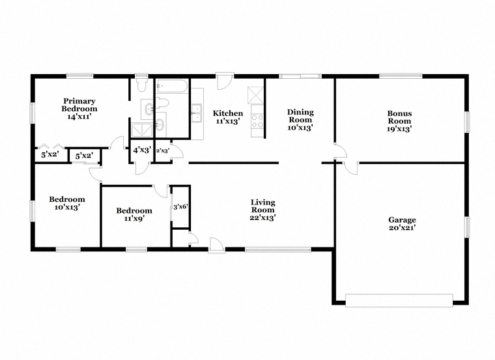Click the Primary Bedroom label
[79, 109]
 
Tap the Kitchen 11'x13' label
[228, 117]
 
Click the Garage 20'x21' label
[402, 224]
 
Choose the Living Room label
[263, 210]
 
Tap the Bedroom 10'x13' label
[67, 203]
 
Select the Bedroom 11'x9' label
[134, 214]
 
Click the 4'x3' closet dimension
[142, 150]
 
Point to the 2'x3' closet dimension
[163, 151]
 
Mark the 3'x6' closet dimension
[181, 207]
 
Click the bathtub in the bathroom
[173, 86]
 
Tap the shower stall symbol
[142, 130]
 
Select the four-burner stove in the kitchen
[257, 121]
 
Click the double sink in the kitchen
[197, 113]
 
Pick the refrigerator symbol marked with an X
[255, 94]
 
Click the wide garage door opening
[399, 300]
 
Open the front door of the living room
[216, 245]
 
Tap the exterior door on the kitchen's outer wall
[225, 81]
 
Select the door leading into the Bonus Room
[341, 152]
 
